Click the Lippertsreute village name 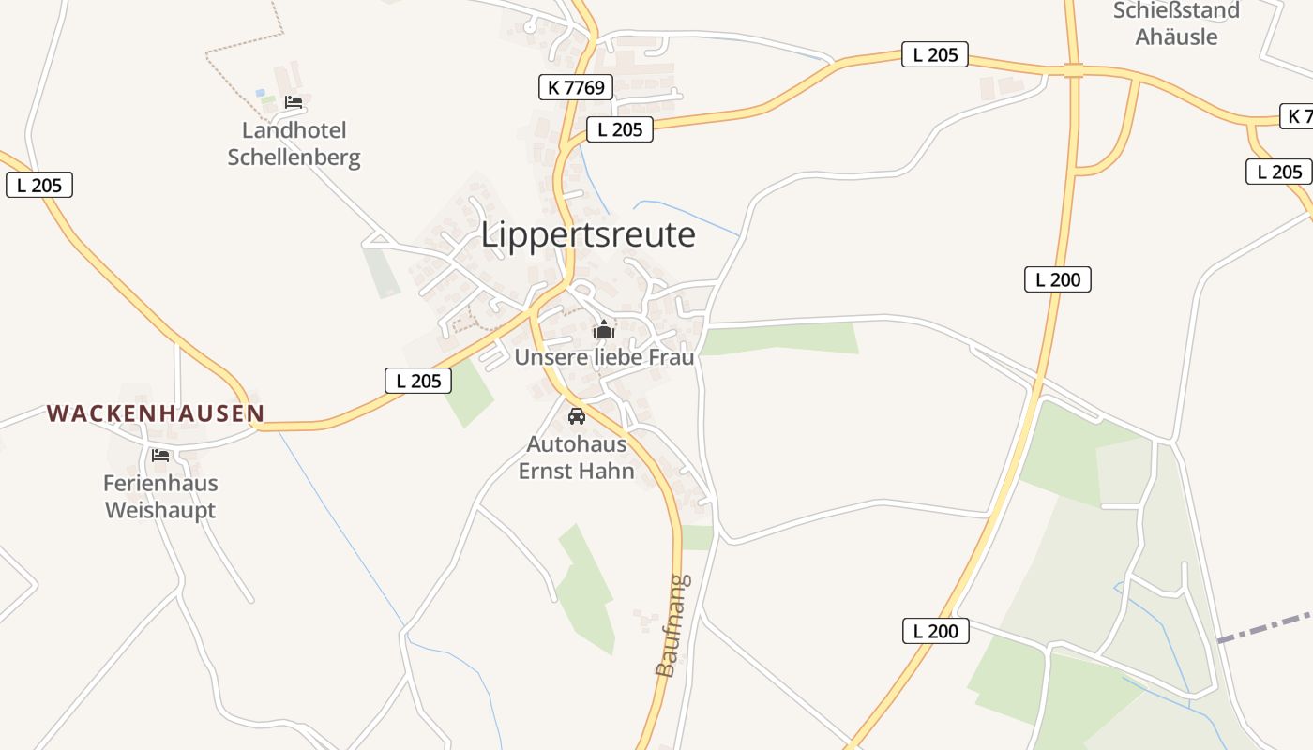pyautogui.click(x=588, y=234)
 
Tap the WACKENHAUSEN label pyautogui.click(x=156, y=412)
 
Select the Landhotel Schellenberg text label pyautogui.click(x=294, y=143)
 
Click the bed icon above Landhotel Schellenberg pyautogui.click(x=294, y=101)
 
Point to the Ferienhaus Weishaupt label pyautogui.click(x=160, y=497)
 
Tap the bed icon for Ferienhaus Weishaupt pyautogui.click(x=160, y=456)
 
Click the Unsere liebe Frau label pyautogui.click(x=604, y=357)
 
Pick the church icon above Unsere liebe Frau pyautogui.click(x=603, y=329)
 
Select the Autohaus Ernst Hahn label pyautogui.click(x=577, y=457)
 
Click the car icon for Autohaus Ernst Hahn pyautogui.click(x=577, y=416)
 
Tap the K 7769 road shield pyautogui.click(x=576, y=87)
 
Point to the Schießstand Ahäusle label pyautogui.click(x=1176, y=23)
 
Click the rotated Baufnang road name pyautogui.click(x=672, y=625)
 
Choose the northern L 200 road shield pyautogui.click(x=1058, y=278)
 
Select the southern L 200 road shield pyautogui.click(x=936, y=631)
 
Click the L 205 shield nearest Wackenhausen pyautogui.click(x=418, y=381)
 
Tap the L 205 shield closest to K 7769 pyautogui.click(x=620, y=129)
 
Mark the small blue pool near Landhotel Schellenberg pyautogui.click(x=261, y=93)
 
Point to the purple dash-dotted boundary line pyautogui.click(x=1265, y=628)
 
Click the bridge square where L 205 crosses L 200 pyautogui.click(x=1074, y=70)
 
